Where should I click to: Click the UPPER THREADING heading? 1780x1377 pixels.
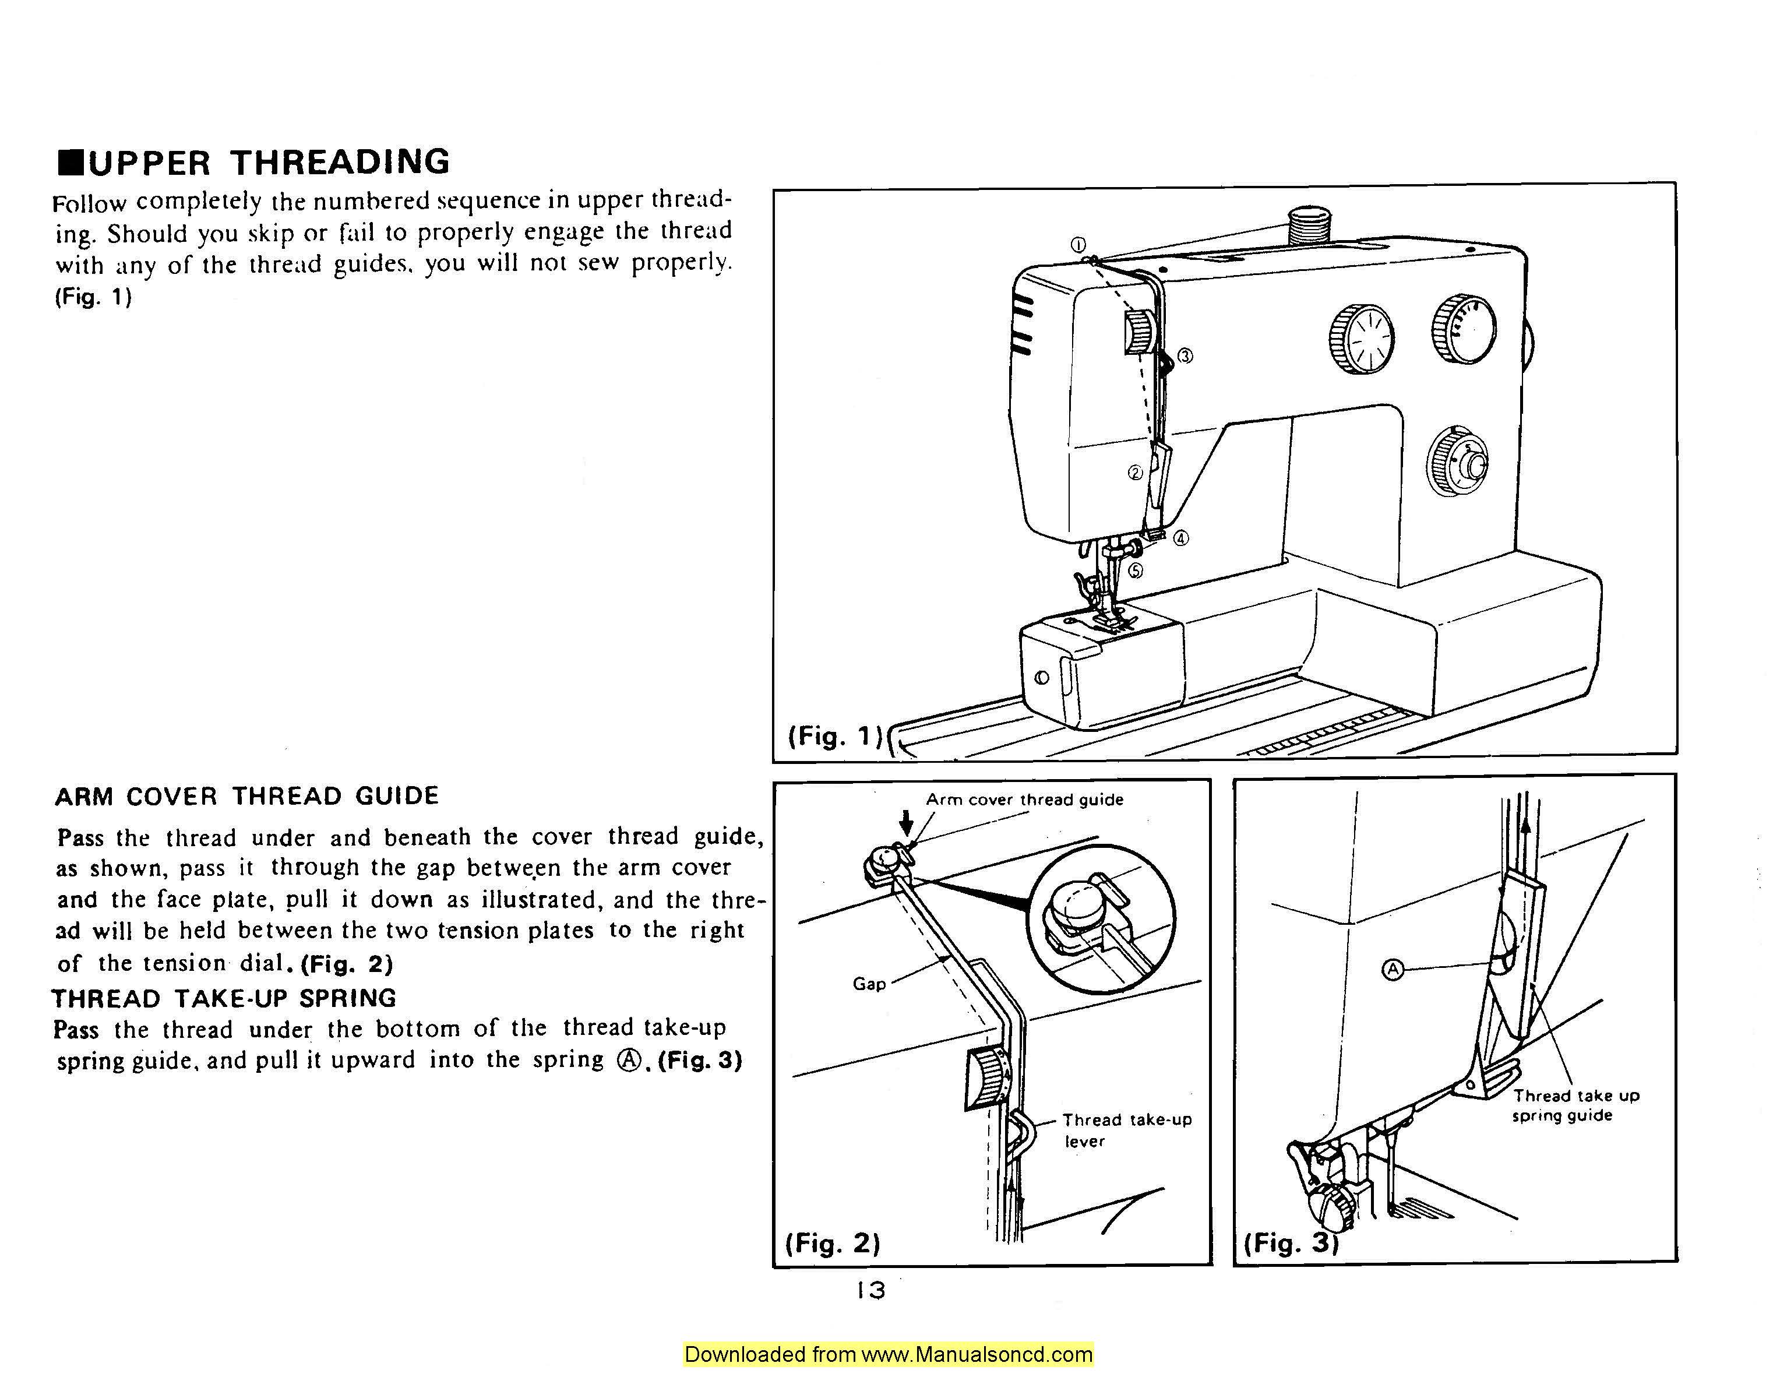254,162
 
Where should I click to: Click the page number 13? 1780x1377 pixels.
870,1290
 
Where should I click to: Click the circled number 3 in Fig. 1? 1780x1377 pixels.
1185,355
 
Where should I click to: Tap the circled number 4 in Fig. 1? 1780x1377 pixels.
1181,538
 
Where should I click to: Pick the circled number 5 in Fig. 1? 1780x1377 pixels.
1136,570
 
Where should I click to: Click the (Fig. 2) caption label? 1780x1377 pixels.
832,1242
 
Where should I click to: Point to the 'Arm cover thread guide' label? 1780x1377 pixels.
1024,800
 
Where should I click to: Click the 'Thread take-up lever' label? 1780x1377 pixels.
1126,1130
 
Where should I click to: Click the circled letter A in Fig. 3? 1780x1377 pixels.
1393,969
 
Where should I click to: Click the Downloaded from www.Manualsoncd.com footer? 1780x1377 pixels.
889,1354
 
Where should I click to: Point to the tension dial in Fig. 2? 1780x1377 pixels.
986,1080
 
